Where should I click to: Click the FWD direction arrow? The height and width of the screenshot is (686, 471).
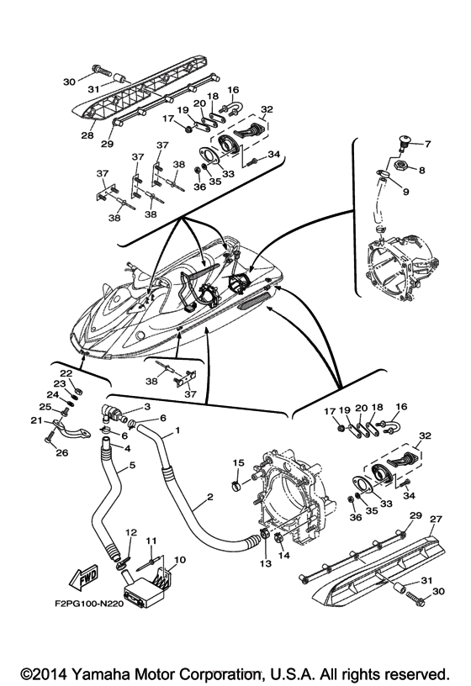click(83, 578)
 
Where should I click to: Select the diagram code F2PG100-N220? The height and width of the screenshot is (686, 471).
click(89, 604)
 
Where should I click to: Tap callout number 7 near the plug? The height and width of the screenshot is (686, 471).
click(427, 144)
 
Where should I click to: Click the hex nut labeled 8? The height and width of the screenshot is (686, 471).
click(400, 166)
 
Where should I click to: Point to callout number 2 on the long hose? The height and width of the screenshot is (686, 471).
click(210, 497)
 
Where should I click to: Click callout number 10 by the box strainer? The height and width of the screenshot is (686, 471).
click(180, 560)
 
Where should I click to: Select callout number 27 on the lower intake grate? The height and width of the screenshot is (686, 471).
click(437, 520)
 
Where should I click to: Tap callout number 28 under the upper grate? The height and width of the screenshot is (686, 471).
click(87, 135)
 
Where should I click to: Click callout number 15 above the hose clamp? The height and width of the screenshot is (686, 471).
click(238, 462)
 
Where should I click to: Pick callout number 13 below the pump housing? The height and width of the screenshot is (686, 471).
click(266, 563)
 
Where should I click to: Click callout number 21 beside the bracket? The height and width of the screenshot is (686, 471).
click(36, 420)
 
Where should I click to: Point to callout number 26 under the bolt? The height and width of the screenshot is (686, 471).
click(62, 453)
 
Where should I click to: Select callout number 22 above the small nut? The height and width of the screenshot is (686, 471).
click(66, 373)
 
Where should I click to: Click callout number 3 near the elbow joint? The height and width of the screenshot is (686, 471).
click(147, 406)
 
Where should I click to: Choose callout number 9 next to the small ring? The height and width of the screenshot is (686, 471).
click(405, 192)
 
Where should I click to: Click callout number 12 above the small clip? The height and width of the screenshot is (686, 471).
click(131, 532)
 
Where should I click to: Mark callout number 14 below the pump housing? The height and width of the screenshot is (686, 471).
click(283, 555)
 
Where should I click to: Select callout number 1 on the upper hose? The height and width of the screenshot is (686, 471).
click(177, 430)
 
